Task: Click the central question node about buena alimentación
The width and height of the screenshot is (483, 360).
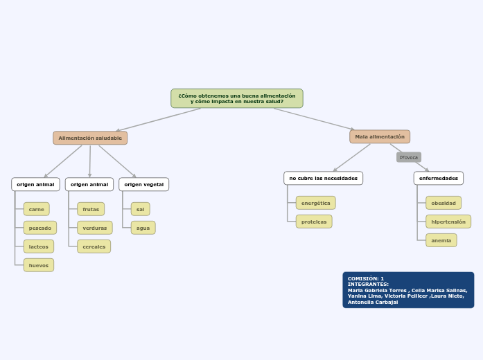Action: [237, 98]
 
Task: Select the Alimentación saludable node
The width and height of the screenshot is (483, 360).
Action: [90, 138]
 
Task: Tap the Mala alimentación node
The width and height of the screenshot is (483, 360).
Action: [380, 137]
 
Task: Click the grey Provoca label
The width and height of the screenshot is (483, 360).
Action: [409, 157]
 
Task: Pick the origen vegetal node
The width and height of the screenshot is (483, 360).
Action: [144, 184]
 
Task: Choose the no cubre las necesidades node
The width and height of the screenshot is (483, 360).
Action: [324, 179]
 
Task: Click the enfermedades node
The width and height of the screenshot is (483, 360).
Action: [439, 179]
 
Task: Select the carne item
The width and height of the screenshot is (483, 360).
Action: [37, 209]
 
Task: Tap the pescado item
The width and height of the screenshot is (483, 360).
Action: [40, 228]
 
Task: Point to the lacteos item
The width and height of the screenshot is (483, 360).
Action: [39, 246]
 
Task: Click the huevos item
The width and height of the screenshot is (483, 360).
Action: [39, 265]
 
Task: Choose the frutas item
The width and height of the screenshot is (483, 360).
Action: [91, 209]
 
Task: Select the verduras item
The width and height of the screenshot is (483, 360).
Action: [95, 228]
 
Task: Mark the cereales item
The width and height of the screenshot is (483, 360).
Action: [94, 246]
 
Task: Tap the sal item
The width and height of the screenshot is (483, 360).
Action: [141, 209]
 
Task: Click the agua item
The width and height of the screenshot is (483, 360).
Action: [143, 228]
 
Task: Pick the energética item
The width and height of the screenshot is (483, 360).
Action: [316, 203]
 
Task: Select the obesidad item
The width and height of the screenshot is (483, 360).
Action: [444, 203]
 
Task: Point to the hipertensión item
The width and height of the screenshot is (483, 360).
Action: [448, 222]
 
